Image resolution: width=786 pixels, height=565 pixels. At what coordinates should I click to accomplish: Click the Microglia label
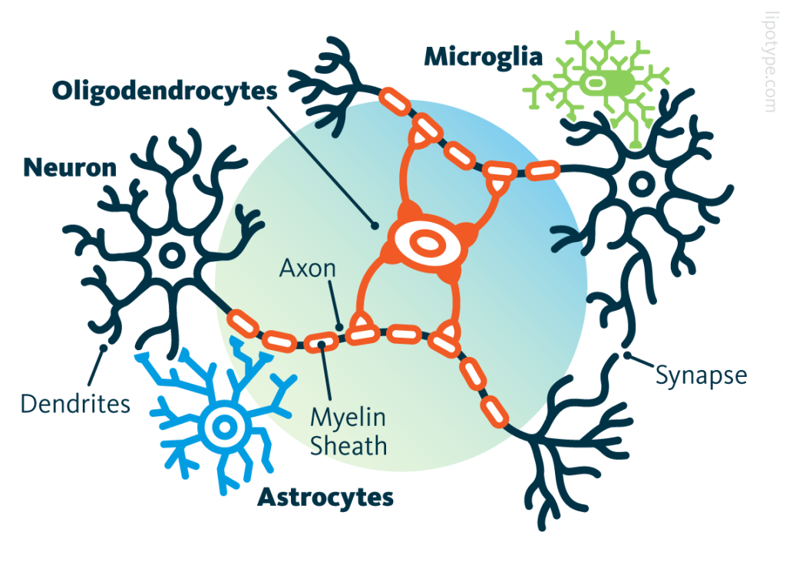(x=484, y=56)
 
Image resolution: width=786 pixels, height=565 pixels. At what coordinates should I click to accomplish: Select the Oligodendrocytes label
(x=164, y=91)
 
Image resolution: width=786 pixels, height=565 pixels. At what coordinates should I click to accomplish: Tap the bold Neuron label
(x=70, y=167)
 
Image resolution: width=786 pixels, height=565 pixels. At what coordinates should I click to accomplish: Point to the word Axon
(x=307, y=269)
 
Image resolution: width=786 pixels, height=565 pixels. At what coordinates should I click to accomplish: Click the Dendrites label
(x=75, y=403)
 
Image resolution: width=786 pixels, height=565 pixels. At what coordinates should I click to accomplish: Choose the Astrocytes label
(x=325, y=497)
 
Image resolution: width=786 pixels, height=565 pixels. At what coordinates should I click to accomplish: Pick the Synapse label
(x=701, y=375)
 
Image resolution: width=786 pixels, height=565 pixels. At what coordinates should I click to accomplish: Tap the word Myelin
(x=347, y=418)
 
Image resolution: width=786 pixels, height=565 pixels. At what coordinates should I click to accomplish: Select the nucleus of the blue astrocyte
(x=224, y=425)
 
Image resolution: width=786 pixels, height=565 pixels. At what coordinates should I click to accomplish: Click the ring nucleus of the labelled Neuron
(x=170, y=254)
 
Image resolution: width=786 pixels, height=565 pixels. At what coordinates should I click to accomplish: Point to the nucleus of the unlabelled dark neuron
(x=641, y=183)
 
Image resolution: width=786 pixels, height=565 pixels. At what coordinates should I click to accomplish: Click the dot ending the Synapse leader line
(x=628, y=355)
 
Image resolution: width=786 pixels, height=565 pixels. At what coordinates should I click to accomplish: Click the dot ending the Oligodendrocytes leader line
(x=375, y=225)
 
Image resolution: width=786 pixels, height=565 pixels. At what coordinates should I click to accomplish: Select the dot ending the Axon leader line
(x=340, y=325)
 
